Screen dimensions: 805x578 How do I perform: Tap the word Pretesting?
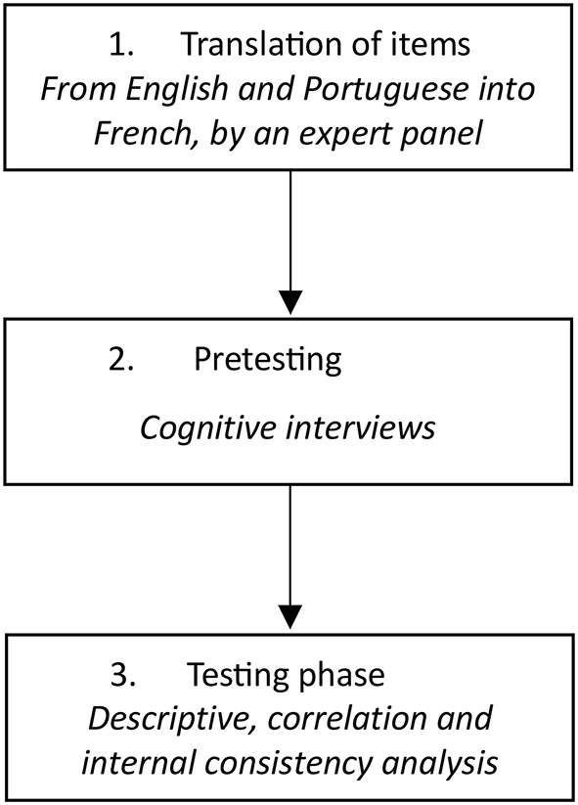coord(268,360)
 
